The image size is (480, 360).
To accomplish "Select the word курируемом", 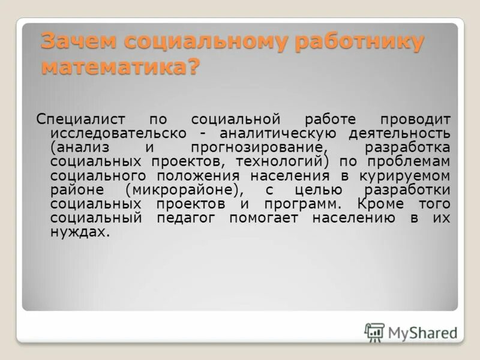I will tap(406, 176).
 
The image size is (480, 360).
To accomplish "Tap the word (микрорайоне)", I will tap(187, 190).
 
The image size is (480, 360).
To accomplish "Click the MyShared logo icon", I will tap(374, 332).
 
